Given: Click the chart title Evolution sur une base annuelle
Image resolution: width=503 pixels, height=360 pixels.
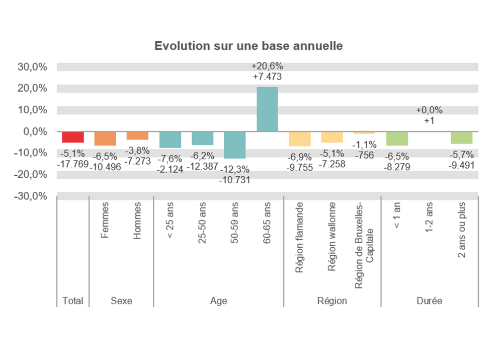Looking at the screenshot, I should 248,46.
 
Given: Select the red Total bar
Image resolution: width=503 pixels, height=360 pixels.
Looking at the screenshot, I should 73,137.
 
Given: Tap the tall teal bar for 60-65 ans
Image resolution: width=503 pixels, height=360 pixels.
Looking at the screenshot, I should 267,109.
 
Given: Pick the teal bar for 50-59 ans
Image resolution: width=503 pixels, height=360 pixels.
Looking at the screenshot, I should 234,145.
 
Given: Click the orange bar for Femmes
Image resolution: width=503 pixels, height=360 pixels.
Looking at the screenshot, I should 105,138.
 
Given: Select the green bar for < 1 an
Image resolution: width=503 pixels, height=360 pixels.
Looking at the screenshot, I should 397,138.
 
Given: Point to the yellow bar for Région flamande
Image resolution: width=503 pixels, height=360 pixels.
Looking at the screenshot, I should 299,139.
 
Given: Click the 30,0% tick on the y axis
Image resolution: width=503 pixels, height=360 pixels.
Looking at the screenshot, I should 33,67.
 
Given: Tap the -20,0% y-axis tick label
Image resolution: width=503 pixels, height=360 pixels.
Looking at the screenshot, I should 32,175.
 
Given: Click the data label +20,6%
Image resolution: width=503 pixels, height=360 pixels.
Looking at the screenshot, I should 267,66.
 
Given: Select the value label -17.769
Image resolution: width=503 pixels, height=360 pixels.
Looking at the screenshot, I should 73,164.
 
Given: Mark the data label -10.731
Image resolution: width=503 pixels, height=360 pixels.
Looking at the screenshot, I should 235,180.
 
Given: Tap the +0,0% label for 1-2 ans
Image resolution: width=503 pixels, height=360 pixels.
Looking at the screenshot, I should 429,110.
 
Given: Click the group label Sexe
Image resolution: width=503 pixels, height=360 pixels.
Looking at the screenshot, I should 121,301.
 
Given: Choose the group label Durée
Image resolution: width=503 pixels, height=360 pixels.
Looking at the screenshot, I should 429,301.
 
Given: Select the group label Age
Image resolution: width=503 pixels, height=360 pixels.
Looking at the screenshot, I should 219,301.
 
